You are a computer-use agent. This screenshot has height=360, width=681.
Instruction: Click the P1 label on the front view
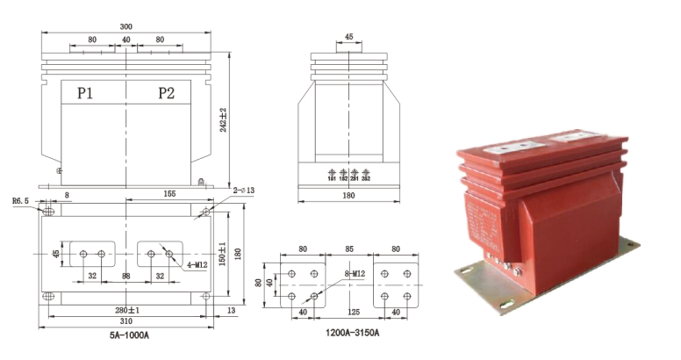click(85, 94)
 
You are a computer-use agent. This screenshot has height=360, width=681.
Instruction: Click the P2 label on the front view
click(167, 94)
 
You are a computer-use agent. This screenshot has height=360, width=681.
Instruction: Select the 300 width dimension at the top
click(125, 27)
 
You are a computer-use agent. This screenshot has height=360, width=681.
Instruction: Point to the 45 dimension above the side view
click(348, 38)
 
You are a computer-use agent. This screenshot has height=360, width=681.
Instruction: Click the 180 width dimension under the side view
click(348, 198)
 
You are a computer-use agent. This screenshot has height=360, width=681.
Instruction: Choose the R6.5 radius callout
click(21, 201)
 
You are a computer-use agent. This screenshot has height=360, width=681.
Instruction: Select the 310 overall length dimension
click(126, 323)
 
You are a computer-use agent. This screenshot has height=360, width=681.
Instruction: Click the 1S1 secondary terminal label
click(332, 178)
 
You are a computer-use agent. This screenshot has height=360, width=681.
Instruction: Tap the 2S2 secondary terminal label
click(365, 178)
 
